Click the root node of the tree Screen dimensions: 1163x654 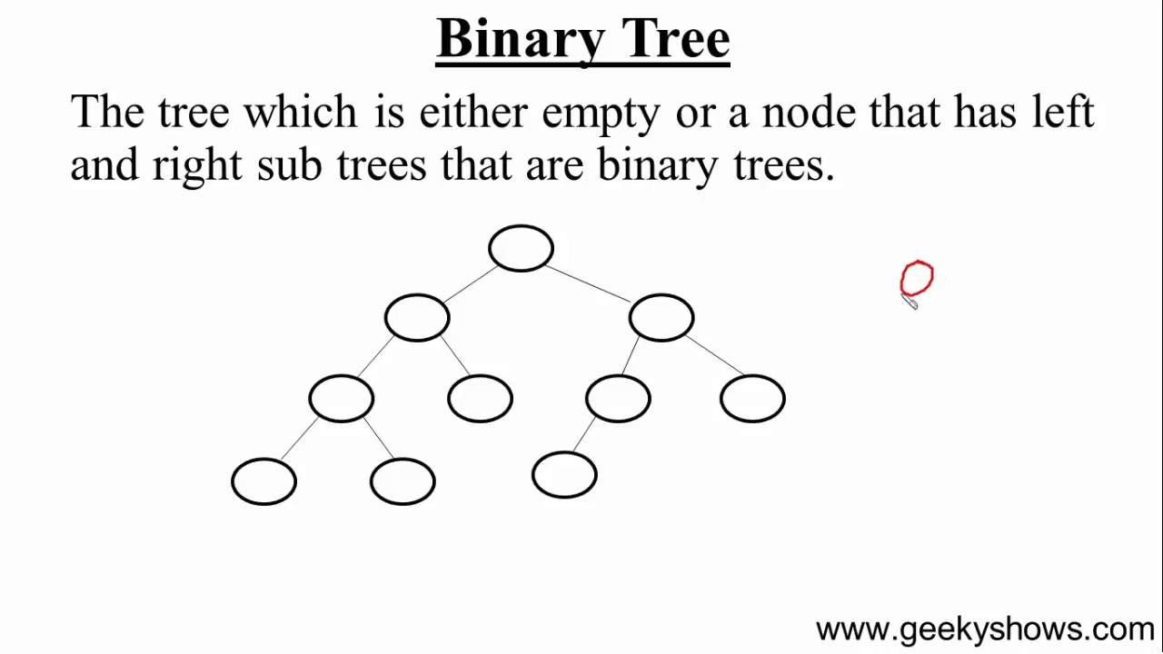(x=521, y=248)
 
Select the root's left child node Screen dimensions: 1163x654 (x=417, y=318)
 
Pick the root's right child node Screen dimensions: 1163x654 (x=661, y=318)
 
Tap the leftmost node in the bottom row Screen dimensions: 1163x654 (x=264, y=481)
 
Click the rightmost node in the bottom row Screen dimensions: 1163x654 (x=564, y=475)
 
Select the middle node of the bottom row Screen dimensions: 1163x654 (x=403, y=481)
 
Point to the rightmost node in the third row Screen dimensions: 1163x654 (x=752, y=399)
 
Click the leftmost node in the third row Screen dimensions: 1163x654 (x=342, y=399)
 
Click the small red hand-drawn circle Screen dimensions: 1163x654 (x=917, y=279)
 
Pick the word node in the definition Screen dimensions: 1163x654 (x=809, y=113)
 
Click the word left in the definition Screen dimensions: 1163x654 (x=1063, y=113)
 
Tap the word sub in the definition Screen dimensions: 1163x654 (x=289, y=165)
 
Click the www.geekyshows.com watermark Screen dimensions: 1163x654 (x=985, y=629)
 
